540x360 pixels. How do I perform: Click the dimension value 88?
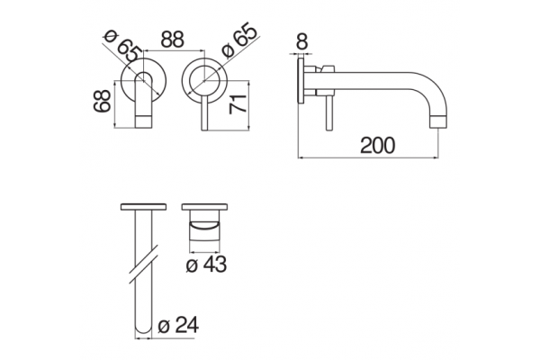(173, 40)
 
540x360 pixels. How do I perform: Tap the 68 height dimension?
(103, 101)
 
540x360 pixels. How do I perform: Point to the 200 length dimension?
(377, 146)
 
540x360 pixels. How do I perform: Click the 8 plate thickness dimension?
(301, 41)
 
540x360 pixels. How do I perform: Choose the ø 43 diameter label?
(206, 265)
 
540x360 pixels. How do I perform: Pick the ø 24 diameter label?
(178, 325)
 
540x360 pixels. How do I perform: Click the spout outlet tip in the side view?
(438, 121)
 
